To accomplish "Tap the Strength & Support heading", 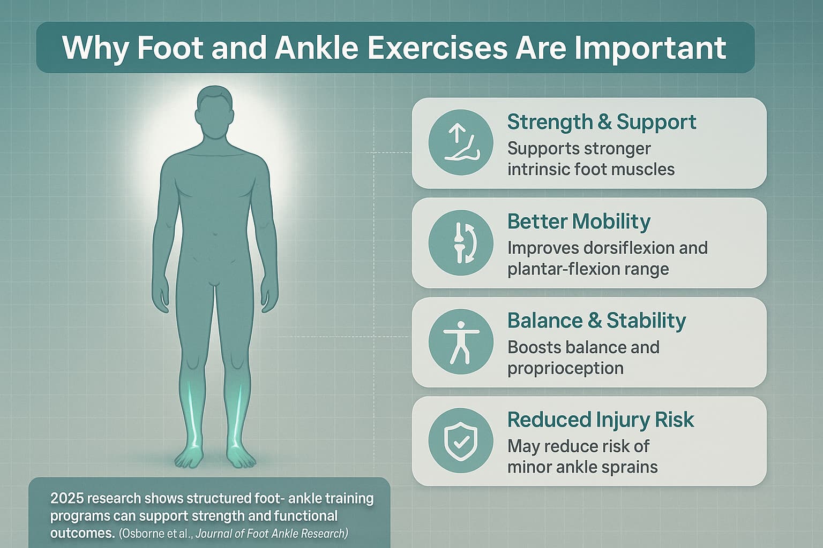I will [x=601, y=122].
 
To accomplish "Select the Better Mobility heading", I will [x=579, y=221].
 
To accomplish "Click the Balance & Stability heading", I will [x=596, y=321].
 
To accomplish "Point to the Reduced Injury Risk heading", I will [x=600, y=420].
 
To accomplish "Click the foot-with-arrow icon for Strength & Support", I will [x=461, y=142].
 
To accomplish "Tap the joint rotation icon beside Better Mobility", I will [x=461, y=242].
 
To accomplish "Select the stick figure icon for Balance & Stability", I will [x=461, y=341].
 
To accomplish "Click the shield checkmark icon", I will [x=461, y=441].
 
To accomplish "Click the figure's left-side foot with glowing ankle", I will [x=191, y=455].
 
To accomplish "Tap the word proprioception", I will [x=565, y=369].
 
